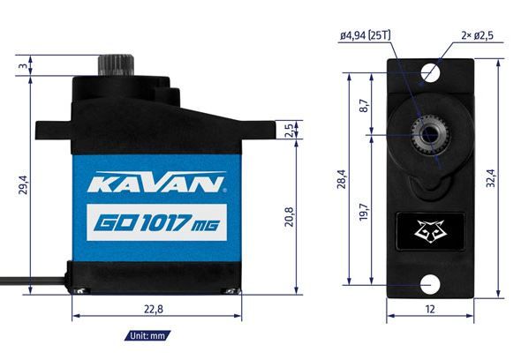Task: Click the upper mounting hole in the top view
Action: click(430, 71)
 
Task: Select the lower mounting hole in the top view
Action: click(430, 285)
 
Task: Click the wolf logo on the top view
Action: click(429, 231)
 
